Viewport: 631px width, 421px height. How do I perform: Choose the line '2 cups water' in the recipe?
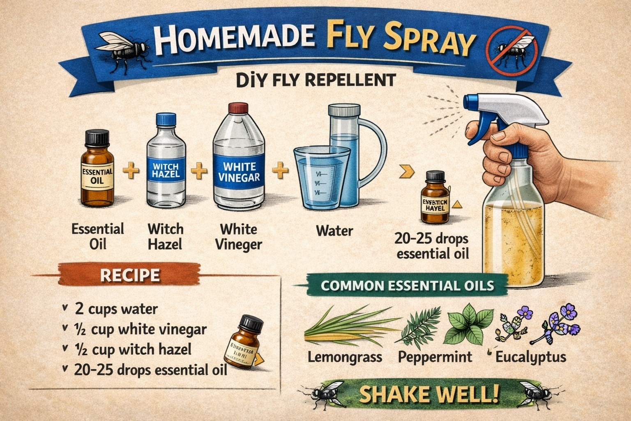coord(116,309)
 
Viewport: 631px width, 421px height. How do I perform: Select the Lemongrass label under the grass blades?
coord(345,357)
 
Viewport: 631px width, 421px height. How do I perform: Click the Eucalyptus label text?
coord(530,357)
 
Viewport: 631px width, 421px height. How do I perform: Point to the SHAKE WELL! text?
coord(429,394)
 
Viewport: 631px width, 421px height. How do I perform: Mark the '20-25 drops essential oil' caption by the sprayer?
coord(433,246)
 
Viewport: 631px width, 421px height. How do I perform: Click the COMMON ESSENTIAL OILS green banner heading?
coord(407,285)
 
